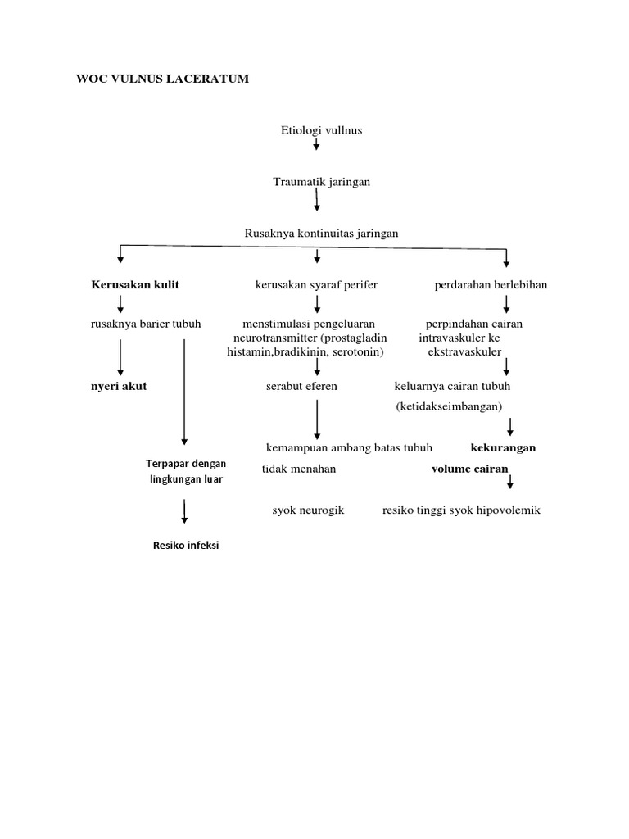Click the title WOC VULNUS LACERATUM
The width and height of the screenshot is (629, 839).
click(163, 79)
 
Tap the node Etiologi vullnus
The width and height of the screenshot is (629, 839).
click(316, 130)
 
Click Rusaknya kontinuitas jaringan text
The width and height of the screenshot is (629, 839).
click(321, 234)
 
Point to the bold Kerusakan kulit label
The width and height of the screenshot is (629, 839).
click(134, 284)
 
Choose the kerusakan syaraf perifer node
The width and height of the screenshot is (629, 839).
click(317, 284)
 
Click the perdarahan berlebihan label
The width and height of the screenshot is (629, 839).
click(502, 284)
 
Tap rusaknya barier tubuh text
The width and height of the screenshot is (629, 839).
click(145, 323)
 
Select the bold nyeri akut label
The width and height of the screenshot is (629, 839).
click(119, 386)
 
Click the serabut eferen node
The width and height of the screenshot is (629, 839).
click(301, 386)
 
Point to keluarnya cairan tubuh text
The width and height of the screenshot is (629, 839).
click(452, 386)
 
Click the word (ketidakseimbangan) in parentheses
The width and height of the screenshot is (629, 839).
click(449, 406)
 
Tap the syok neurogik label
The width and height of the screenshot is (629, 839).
click(308, 510)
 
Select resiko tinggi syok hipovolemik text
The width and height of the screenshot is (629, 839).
click(461, 510)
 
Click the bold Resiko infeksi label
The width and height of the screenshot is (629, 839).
click(186, 545)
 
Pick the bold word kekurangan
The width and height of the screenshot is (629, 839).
click(503, 448)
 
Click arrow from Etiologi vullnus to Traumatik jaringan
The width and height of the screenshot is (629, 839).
click(316, 145)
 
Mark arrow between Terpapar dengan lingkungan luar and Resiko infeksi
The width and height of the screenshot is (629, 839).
click(185, 511)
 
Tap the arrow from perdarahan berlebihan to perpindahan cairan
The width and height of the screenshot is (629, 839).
click(506, 304)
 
